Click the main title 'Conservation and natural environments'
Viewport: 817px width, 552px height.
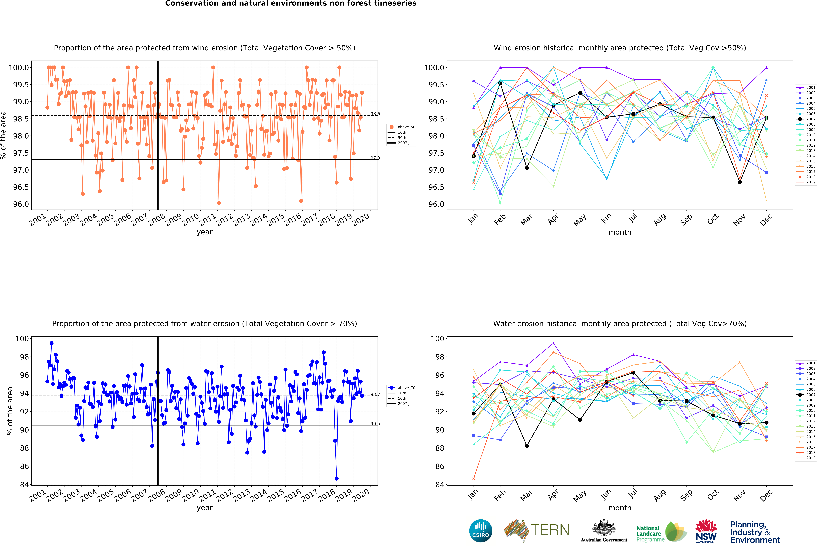tap(291, 4)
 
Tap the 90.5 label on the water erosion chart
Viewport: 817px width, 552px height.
tap(375, 424)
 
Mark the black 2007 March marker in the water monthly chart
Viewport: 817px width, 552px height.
tap(527, 446)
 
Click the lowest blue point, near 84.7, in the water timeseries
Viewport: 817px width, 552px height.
tap(336, 479)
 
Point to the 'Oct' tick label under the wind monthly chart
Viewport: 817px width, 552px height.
tap(713, 219)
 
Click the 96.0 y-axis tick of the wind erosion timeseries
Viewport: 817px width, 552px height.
tap(21, 204)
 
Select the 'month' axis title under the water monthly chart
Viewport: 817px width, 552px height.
tap(620, 508)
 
